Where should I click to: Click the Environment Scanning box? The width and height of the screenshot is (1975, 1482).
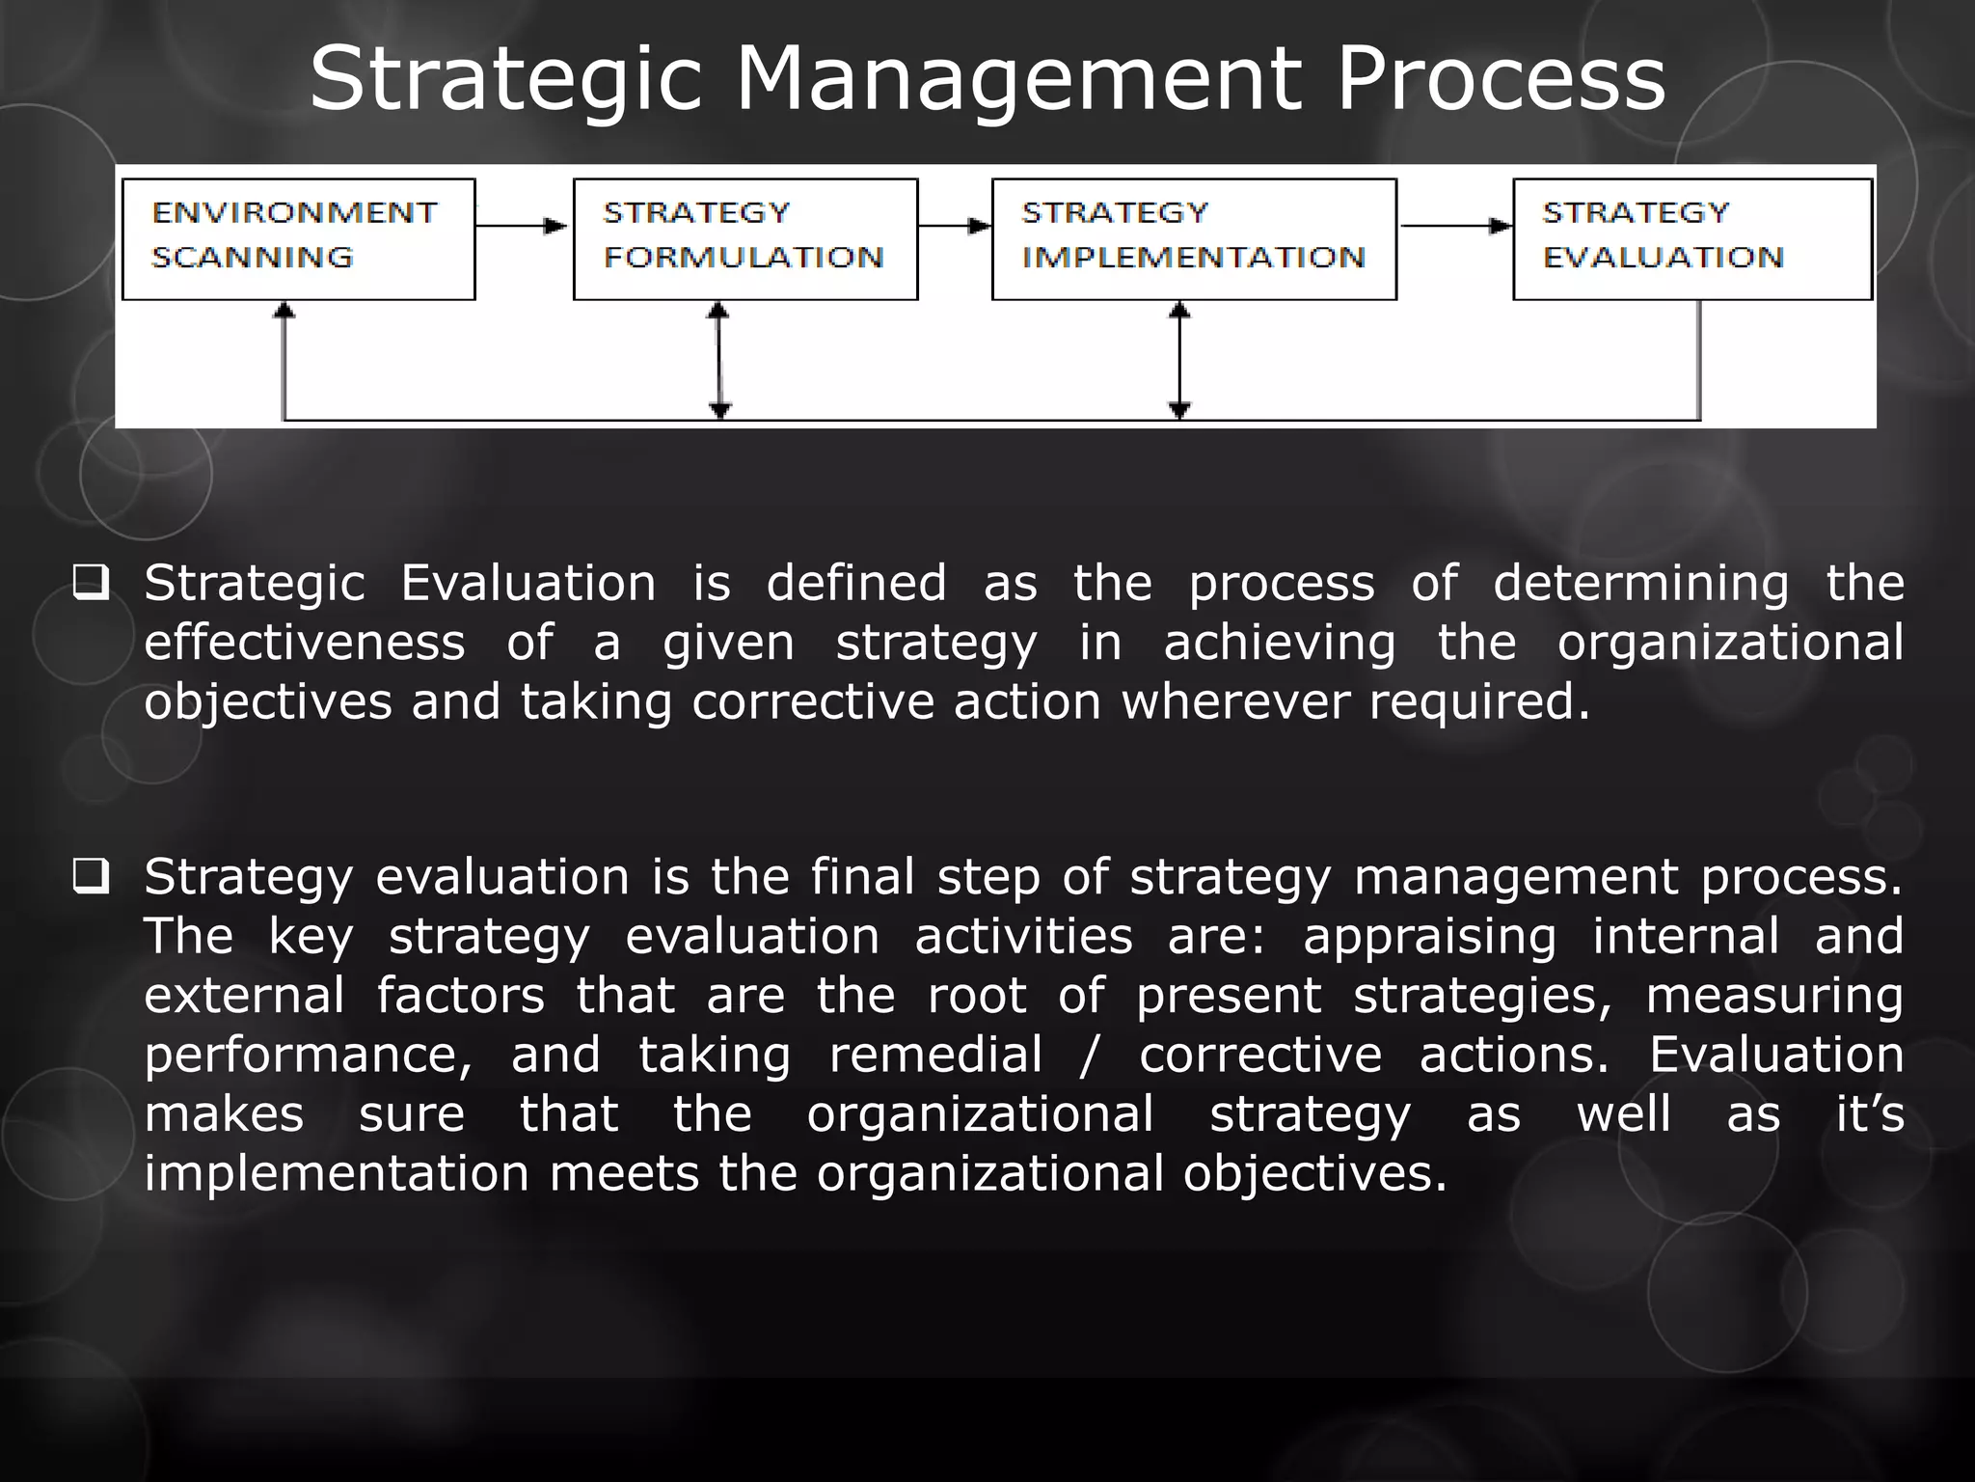(x=298, y=239)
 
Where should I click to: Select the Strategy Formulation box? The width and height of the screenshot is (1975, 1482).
(x=744, y=239)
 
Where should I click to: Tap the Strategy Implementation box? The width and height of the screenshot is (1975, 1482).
(x=1194, y=239)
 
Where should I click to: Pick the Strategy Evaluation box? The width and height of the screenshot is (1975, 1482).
(x=1691, y=239)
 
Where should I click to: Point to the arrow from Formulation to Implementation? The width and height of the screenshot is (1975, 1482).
(x=954, y=226)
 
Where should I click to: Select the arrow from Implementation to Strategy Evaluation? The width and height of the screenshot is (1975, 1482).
(x=1454, y=226)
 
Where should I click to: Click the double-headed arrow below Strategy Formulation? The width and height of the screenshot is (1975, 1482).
(x=718, y=360)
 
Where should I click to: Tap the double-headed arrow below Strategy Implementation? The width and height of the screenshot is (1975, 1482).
(x=1179, y=360)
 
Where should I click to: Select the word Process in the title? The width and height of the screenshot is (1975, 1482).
(x=1501, y=79)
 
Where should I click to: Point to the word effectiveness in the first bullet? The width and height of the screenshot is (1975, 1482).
(x=305, y=643)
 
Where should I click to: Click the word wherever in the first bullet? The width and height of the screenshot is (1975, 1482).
(x=1235, y=701)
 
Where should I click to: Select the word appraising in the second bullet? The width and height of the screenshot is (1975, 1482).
(x=1429, y=937)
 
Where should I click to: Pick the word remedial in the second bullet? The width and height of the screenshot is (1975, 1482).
(x=935, y=1055)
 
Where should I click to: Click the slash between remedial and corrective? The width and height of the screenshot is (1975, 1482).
(x=1090, y=1056)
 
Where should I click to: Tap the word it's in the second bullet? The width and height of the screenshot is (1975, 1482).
(x=1869, y=1113)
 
